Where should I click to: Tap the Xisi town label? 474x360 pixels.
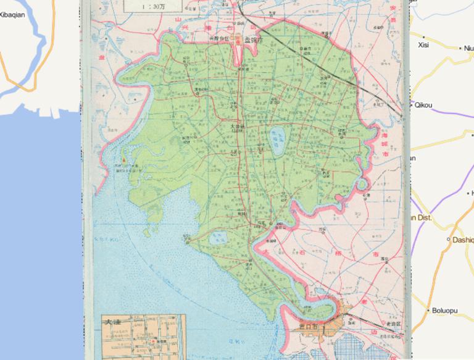(x=423, y=44)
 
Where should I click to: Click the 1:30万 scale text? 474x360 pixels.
(x=153, y=7)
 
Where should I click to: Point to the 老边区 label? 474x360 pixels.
(x=394, y=324)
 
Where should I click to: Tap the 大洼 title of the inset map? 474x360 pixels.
(x=112, y=322)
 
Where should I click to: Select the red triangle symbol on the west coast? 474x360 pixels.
(x=123, y=160)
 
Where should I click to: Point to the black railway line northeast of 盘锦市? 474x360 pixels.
(x=290, y=41)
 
